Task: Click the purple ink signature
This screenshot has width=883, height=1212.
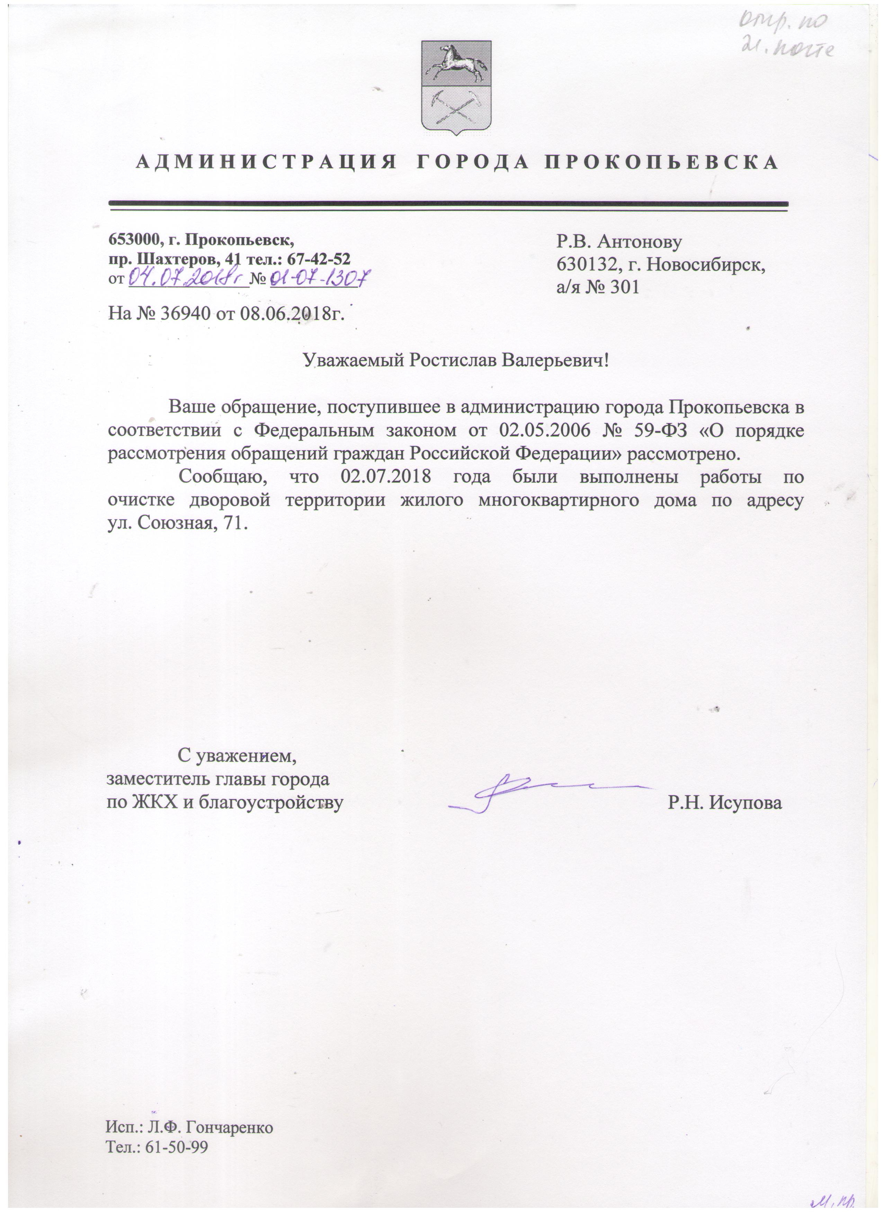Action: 529,794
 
